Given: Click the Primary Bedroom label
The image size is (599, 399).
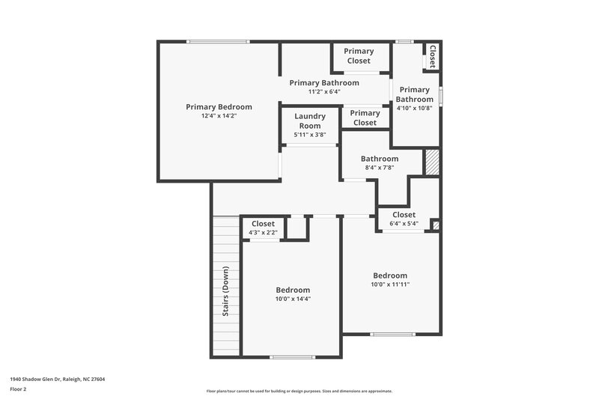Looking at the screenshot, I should click(219, 107).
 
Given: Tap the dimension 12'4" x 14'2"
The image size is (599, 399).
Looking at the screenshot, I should click(219, 117).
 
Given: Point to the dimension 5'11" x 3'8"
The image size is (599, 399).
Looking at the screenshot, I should click(309, 135).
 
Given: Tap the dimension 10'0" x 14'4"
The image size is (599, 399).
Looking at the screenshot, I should click(293, 299).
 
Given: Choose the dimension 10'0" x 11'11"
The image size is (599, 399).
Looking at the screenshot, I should click(390, 284).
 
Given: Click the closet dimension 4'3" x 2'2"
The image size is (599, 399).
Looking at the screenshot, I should click(263, 233).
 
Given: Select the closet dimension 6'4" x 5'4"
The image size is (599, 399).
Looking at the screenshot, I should click(404, 224).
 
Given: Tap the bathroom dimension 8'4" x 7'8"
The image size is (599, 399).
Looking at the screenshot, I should click(380, 168).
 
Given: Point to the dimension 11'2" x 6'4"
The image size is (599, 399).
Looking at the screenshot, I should click(324, 92).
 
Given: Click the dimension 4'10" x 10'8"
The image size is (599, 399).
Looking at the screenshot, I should click(414, 108).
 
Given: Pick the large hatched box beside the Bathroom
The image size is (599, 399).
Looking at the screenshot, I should click(431, 162).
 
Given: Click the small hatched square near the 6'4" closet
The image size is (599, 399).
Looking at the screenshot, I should click(436, 225).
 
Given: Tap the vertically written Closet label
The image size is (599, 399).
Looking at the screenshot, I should click(432, 56).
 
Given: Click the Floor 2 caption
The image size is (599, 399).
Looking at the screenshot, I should click(19, 389).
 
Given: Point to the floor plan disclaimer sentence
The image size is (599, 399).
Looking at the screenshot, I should click(299, 391).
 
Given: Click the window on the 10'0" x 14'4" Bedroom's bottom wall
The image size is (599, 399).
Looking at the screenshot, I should click(293, 357).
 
